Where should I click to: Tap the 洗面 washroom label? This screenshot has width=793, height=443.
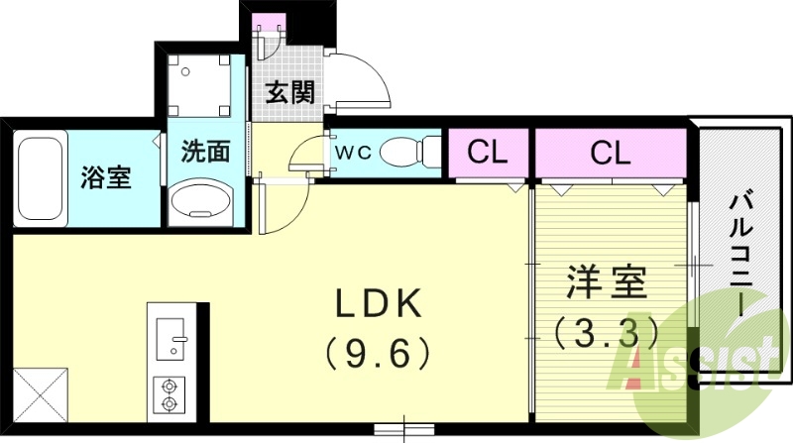[x=205, y=152]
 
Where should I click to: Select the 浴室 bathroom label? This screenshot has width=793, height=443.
[x=105, y=179]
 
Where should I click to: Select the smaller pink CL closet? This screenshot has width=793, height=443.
[x=488, y=153]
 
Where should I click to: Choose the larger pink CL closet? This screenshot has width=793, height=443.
[x=610, y=153]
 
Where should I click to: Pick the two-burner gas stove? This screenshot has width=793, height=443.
[x=169, y=393]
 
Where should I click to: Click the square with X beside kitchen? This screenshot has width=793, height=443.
[x=40, y=394]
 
